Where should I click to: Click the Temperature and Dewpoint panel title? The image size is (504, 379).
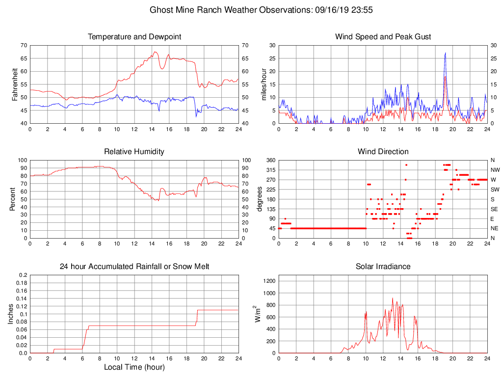pos(134,37)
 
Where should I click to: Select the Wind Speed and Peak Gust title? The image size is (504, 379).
pos(383,37)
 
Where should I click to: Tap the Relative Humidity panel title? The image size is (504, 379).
pos(134,151)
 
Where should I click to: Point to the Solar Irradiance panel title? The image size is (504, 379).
pos(383,267)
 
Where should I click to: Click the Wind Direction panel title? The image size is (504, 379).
pos(383,151)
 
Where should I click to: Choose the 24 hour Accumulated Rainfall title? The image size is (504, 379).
pos(134,267)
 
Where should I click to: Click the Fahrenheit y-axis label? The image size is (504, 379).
pos(15,84)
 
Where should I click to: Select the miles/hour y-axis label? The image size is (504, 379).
pos(264,84)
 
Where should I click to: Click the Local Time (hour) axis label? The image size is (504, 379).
pos(134,367)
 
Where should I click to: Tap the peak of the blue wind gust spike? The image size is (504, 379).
pos(445,53)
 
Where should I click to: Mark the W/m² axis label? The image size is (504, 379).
pos(258,314)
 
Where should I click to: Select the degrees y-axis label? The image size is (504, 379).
pos(260,199)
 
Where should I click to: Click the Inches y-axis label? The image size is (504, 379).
pos(11,314)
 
